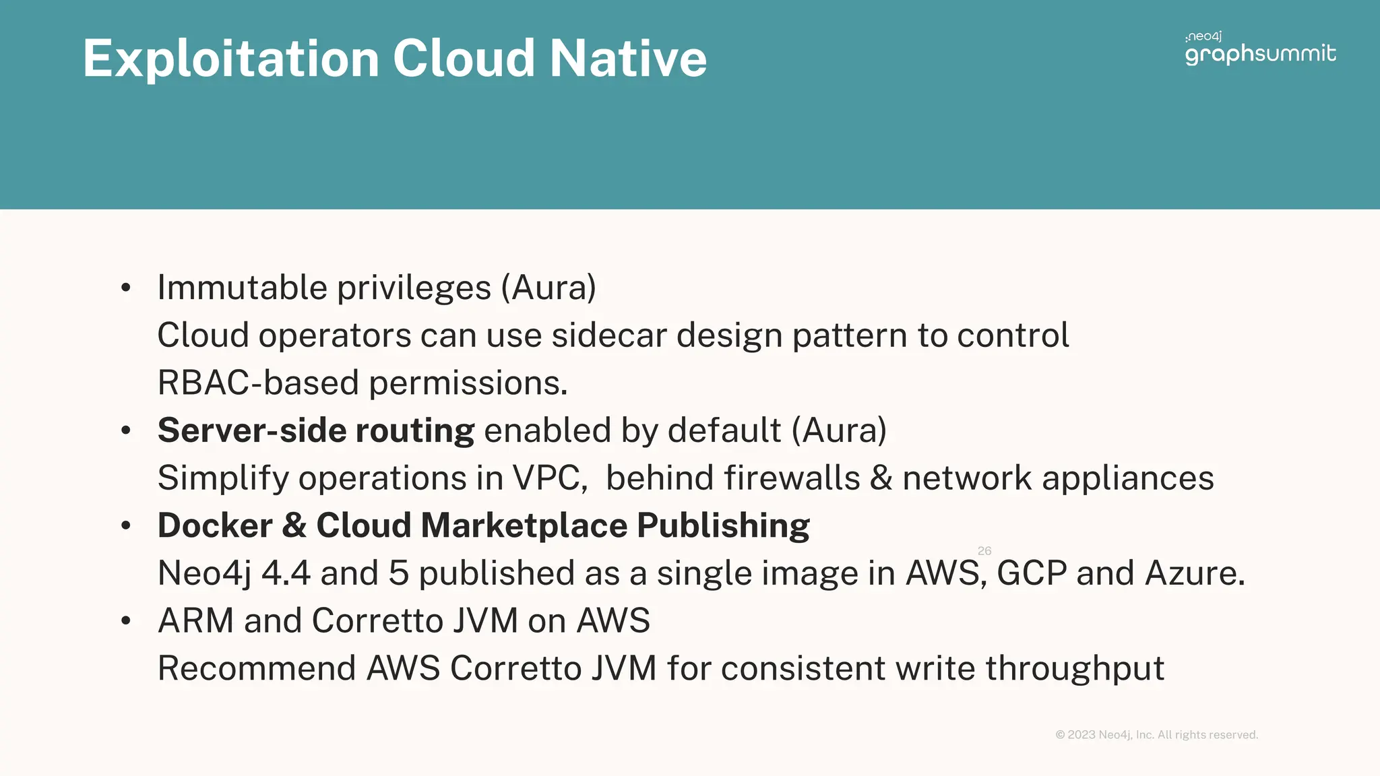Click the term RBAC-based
pyautogui.click(x=258, y=383)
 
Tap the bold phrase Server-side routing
pyautogui.click(x=316, y=430)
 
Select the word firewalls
pyautogui.click(x=792, y=478)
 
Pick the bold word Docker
pyautogui.click(x=215, y=525)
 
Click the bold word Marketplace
pyautogui.click(x=524, y=525)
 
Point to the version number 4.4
pyautogui.click(x=286, y=573)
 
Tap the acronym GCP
pyautogui.click(x=1032, y=573)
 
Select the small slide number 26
pyautogui.click(x=984, y=551)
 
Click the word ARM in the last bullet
pyautogui.click(x=195, y=620)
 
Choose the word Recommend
pyautogui.click(x=257, y=668)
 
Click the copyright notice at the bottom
pyautogui.click(x=1156, y=735)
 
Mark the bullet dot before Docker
pyautogui.click(x=126, y=526)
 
